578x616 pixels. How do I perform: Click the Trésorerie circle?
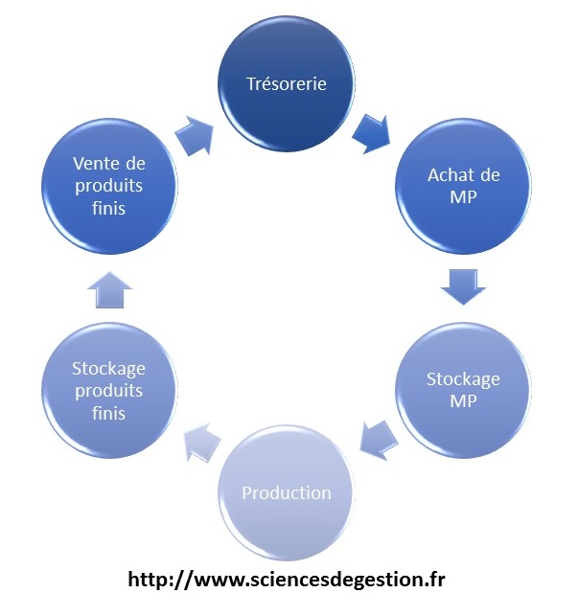[x=287, y=84]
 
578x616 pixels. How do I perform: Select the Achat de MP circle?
[x=463, y=188]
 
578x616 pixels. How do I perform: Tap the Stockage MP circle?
[x=463, y=389]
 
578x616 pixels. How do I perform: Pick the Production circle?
[x=287, y=493]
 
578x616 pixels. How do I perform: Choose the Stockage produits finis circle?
[x=108, y=390]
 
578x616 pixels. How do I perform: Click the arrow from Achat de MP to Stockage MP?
[x=465, y=285]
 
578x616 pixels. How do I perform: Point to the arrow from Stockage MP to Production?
[x=378, y=440]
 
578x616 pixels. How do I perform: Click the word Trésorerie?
[x=287, y=84]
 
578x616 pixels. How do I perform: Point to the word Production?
[x=287, y=493]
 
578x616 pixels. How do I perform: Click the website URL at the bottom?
[x=287, y=580]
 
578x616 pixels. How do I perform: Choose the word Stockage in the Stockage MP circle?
[x=463, y=378]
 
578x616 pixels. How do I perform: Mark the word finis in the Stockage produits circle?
[x=108, y=413]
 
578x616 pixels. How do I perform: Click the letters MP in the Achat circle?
[x=463, y=199]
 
